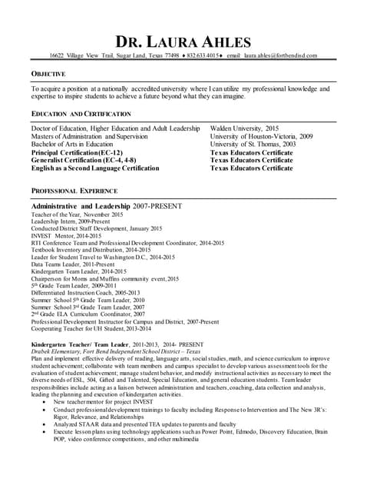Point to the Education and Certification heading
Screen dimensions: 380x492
coord(81,114)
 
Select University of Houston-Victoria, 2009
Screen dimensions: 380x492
coord(261,136)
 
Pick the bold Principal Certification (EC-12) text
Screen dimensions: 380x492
coord(76,151)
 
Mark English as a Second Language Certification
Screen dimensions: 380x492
coord(95,167)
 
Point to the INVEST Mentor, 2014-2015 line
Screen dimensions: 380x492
coord(68,236)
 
